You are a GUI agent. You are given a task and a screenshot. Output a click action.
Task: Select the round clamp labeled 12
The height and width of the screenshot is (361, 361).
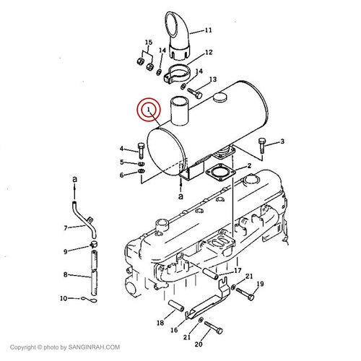click(x=178, y=74)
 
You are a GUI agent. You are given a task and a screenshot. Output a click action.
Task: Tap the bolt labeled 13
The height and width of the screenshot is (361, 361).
click(x=195, y=93)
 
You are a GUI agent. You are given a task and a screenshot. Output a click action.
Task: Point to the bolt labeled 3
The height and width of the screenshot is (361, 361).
click(x=261, y=145)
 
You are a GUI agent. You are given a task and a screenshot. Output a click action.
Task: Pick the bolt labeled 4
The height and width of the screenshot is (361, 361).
click(x=141, y=151)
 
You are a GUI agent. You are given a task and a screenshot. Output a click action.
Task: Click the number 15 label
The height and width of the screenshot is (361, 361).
click(x=149, y=43)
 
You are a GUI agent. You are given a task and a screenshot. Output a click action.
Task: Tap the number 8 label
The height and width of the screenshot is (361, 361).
click(x=65, y=274)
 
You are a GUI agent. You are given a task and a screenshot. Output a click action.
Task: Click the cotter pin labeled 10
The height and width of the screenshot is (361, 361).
click(x=89, y=300)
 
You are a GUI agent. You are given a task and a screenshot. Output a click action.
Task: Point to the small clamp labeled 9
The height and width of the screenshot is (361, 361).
click(x=94, y=244)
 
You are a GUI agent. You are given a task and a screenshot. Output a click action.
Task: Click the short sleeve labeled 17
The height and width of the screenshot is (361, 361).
click(x=210, y=274)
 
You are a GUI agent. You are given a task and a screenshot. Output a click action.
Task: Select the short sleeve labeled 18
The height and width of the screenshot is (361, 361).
click(x=176, y=305)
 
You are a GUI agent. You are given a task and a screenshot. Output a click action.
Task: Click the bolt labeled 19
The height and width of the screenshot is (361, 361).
click(x=245, y=294)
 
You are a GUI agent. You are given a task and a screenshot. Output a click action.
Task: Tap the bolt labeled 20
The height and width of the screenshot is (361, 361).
click(x=214, y=328)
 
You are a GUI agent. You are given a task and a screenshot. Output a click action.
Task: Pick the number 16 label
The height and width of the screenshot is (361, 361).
click(x=174, y=330)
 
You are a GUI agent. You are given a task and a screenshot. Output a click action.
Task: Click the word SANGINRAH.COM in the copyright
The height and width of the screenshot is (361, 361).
click(x=94, y=347)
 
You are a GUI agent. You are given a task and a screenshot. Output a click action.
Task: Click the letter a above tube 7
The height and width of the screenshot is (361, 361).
click(x=75, y=179)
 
